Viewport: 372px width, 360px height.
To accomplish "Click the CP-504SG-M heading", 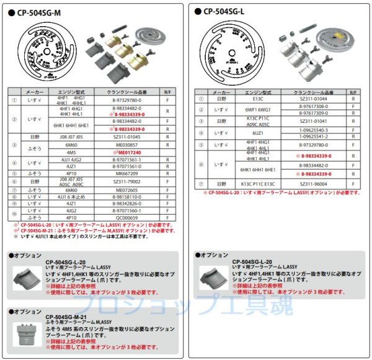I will pos(46,11).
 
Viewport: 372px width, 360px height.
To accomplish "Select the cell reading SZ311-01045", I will pos(130,136).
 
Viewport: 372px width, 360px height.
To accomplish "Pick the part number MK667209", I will pos(130,174).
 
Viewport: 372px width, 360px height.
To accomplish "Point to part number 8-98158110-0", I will pos(130,197).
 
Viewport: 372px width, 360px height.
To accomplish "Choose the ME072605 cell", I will pos(130,189).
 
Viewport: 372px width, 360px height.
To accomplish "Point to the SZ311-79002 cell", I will pos(130,182).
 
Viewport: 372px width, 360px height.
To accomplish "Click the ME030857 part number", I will pos(130,144).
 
